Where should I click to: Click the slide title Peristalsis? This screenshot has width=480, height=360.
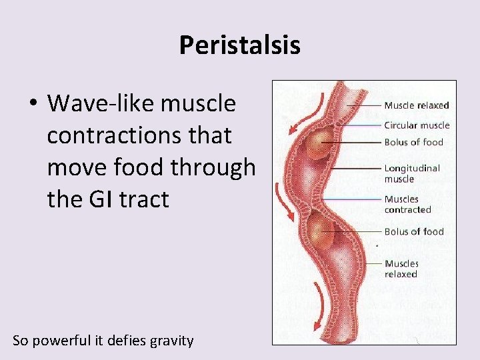point(239,45)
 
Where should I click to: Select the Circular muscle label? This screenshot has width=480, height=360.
point(417,125)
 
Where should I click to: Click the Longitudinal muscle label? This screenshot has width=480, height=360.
point(412,173)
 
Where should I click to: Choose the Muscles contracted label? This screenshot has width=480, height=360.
point(407,204)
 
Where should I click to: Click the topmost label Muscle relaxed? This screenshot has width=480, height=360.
point(416,105)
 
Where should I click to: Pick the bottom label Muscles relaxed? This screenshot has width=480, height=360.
point(401,269)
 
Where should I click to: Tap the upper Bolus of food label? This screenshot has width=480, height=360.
point(413,142)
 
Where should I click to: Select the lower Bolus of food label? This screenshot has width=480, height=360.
point(413,232)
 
